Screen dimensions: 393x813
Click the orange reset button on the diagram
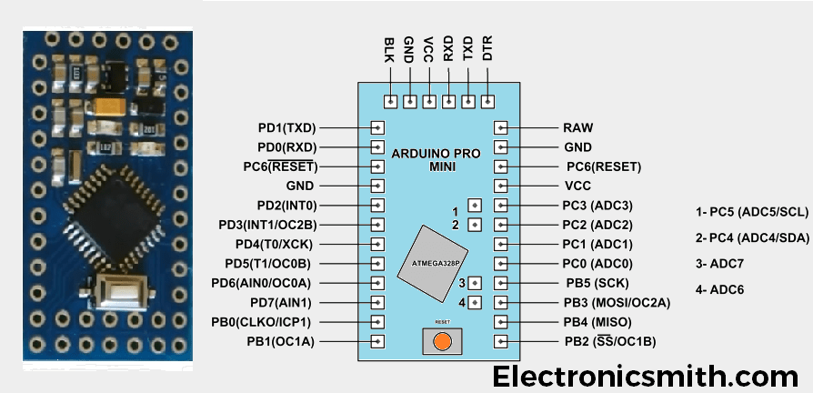(443, 341)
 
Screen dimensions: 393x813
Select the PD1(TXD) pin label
(286, 128)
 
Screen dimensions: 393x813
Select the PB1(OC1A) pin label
(280, 342)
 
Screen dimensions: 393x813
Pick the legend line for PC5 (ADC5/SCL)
(751, 211)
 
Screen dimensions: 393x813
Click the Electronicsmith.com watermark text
(646, 375)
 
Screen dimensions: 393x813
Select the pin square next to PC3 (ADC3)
(500, 205)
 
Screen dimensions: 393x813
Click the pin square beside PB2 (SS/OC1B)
(500, 342)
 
